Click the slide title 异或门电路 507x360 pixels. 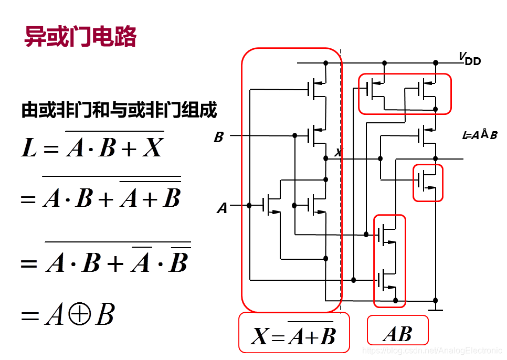[x=81, y=37]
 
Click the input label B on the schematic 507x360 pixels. [x=219, y=137]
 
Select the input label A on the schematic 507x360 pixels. [x=223, y=208]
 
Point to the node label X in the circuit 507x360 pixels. [x=338, y=153]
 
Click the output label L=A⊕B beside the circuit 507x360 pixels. [x=479, y=135]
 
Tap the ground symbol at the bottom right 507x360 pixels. [x=436, y=310]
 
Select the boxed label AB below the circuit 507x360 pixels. [x=397, y=333]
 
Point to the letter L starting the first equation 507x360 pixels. [x=29, y=149]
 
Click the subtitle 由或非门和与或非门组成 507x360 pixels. [x=119, y=111]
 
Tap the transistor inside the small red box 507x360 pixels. [x=426, y=181]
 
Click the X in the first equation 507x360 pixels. [x=153, y=149]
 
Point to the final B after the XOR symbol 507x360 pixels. [x=105, y=315]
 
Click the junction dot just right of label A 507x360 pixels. [x=249, y=205]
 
